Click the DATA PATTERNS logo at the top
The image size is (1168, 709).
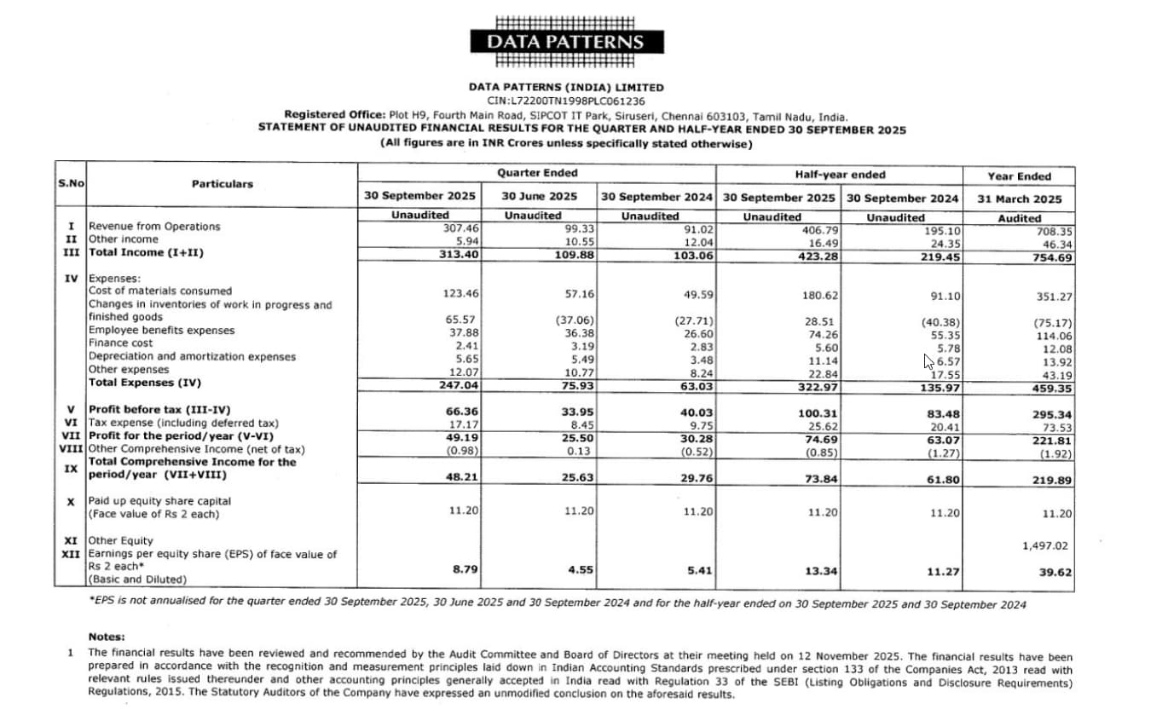(x=565, y=42)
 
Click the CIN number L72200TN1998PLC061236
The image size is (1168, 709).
(x=565, y=101)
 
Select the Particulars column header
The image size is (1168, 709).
(x=222, y=183)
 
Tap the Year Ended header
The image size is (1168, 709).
(x=1019, y=176)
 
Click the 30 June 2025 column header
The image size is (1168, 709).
(x=538, y=197)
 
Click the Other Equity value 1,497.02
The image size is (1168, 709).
(x=1044, y=545)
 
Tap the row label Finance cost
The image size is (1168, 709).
(x=121, y=343)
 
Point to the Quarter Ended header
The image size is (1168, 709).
(x=537, y=174)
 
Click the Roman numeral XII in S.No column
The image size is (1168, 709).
(x=72, y=554)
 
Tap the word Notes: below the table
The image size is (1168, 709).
(x=107, y=637)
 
